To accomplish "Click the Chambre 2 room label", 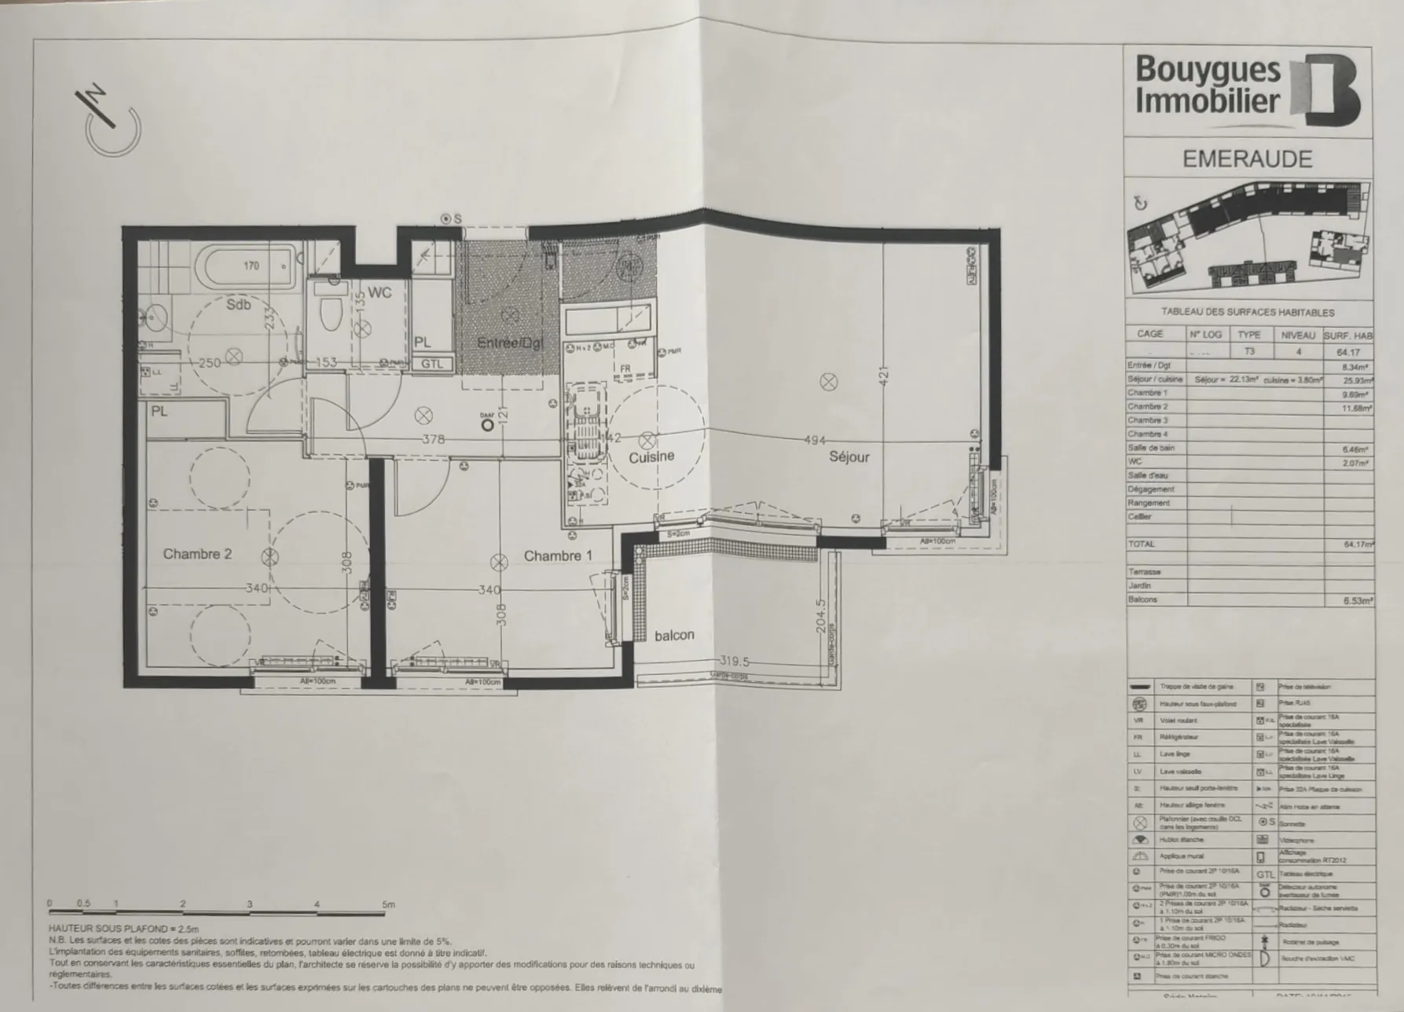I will point(197,554).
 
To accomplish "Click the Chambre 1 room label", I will point(558,556).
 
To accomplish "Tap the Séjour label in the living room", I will point(849,456).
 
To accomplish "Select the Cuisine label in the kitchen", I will point(651,456).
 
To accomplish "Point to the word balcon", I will point(674,635).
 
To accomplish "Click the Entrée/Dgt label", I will point(510,343).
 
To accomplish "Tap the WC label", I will point(379,293).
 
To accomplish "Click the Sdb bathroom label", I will point(239,304).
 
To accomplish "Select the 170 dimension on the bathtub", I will point(251,266).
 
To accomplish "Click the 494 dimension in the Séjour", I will point(815,441).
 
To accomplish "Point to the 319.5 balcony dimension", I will point(734,662).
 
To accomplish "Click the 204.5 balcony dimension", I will point(821,620).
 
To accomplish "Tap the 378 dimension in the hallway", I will point(433,439).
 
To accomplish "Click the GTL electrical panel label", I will point(432,364).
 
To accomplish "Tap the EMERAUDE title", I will point(1247,159).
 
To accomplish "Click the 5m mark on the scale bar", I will point(388,905).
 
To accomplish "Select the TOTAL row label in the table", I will point(1142,544).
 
